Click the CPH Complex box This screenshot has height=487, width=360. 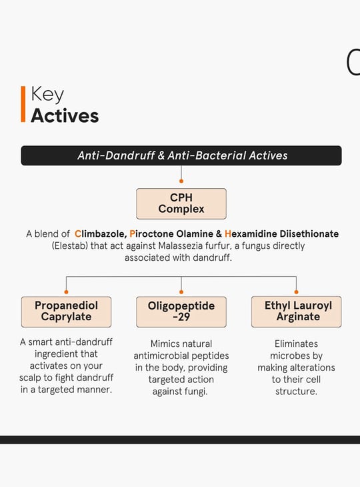181,203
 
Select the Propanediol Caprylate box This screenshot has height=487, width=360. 66,312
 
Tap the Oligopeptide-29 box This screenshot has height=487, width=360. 181,312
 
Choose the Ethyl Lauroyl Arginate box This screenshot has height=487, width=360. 297,312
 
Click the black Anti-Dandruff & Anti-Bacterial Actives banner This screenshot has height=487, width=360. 181,155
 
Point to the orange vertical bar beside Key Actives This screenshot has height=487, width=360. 23,104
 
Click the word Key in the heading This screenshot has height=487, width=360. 47,94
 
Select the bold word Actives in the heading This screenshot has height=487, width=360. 65,115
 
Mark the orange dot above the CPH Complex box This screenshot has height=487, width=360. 181,181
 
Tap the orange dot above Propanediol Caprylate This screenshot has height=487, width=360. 66,292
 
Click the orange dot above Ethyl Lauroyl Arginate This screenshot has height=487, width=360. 297,292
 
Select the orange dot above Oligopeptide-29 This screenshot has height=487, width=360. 181,292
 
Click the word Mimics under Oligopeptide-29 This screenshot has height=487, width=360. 165,344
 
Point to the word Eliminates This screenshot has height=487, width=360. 297,344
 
